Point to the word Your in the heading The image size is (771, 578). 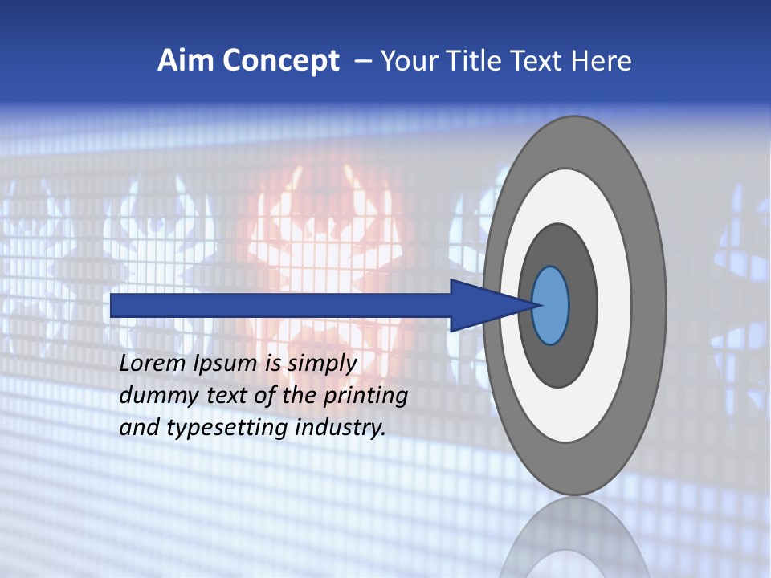click(408, 61)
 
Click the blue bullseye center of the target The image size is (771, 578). click(551, 306)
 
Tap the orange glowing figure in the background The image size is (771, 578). click(321, 241)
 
